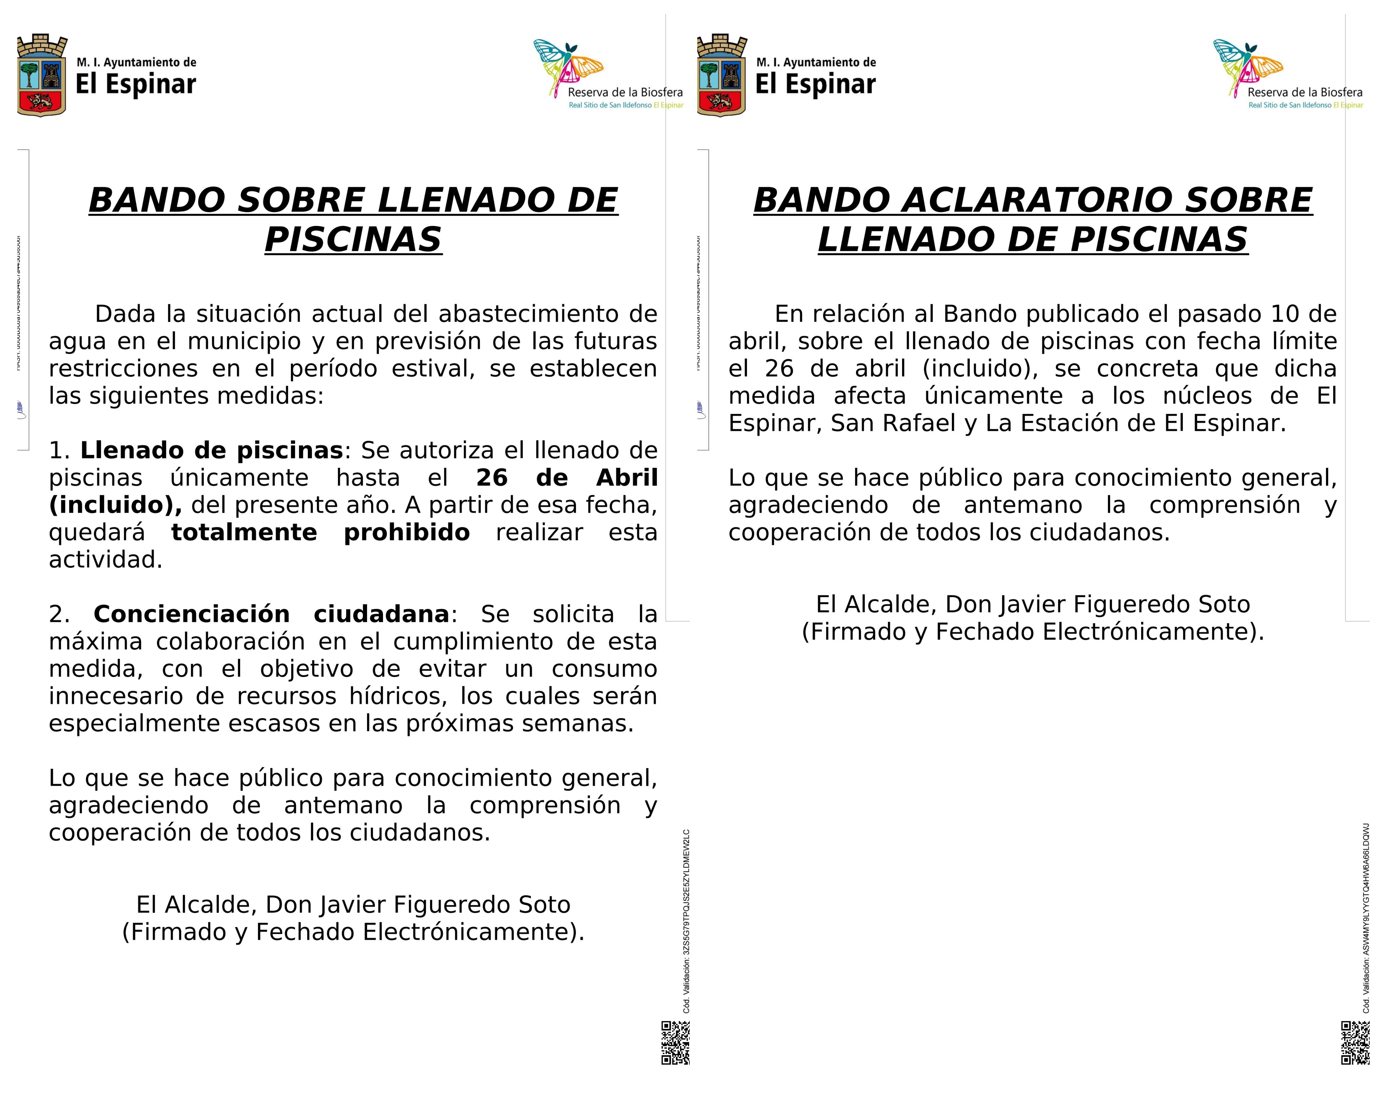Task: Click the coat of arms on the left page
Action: click(42, 75)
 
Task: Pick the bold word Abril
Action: click(626, 478)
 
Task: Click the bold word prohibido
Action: click(407, 532)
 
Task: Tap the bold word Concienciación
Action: click(192, 614)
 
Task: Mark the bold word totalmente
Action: click(244, 532)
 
